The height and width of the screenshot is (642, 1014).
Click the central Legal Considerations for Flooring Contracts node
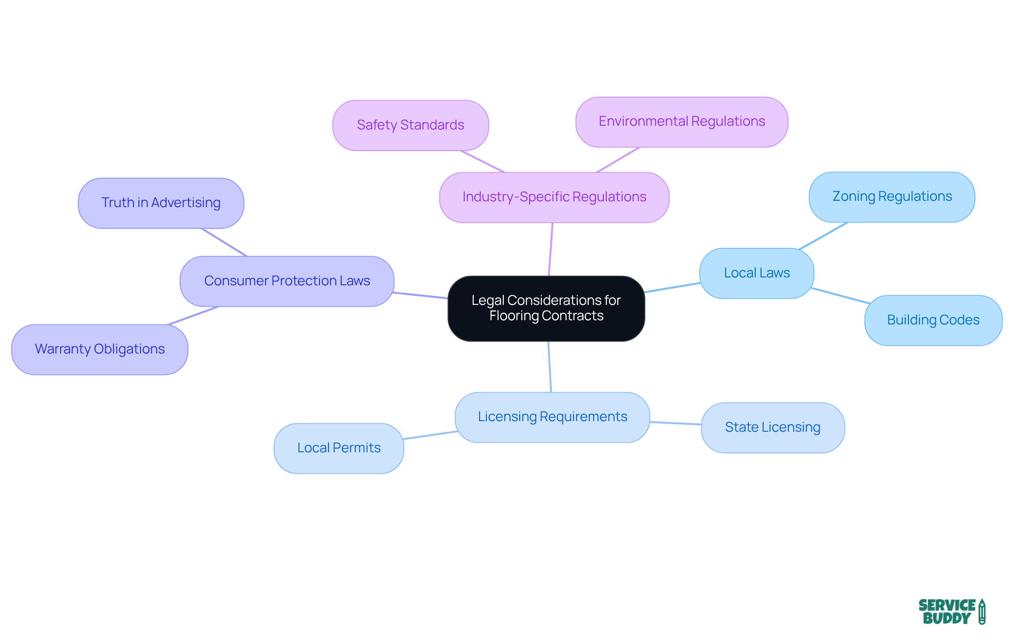546,308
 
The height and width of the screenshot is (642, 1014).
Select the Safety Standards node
410,125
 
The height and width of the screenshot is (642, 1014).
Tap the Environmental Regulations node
681,122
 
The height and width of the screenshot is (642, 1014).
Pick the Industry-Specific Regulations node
554,197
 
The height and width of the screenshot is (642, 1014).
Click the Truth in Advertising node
161,203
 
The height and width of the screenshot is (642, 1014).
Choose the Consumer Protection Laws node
287,281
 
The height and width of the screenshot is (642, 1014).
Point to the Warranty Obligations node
99,349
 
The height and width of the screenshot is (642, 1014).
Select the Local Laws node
756,273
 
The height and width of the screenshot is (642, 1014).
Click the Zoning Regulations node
891,197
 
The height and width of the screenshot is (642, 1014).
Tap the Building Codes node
933,320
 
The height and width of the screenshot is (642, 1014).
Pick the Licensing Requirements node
552,417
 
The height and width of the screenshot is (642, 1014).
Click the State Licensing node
772,427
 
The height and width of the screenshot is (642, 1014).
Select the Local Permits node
339,448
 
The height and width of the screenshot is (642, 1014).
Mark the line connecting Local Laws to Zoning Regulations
824,236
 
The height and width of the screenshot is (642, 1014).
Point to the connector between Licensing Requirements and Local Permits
430,435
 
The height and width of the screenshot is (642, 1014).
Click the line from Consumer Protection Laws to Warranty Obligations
193,315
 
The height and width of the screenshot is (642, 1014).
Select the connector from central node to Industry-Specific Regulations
551,249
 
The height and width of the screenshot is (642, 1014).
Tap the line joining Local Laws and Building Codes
840,295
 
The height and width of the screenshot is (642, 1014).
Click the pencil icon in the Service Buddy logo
982,611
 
